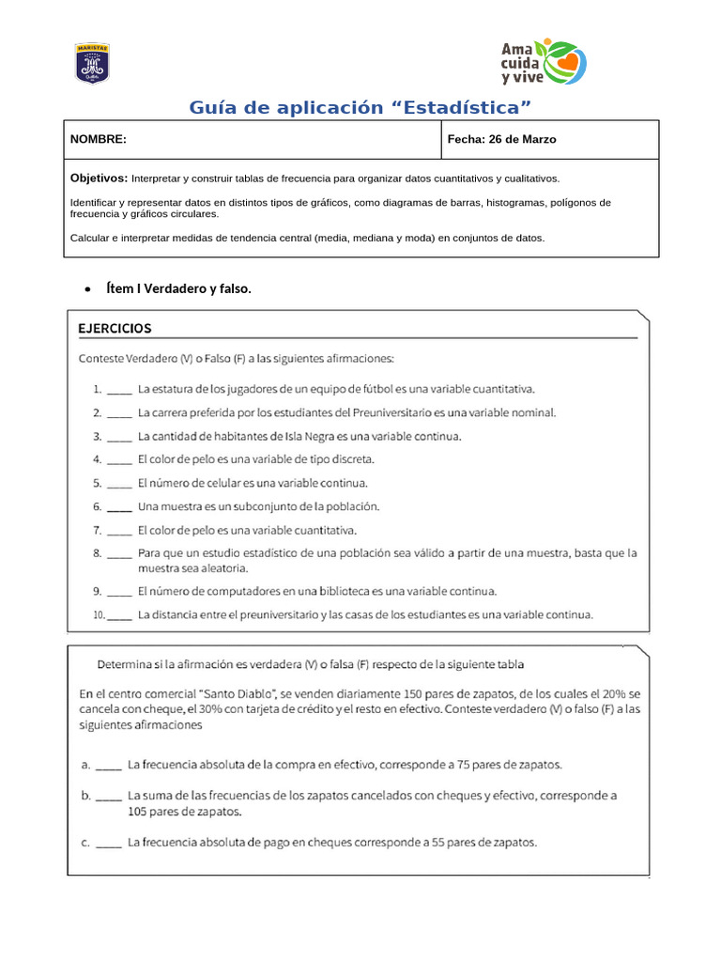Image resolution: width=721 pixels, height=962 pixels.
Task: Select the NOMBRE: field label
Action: click(99, 139)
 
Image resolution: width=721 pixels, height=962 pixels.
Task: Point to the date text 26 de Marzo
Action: click(522, 139)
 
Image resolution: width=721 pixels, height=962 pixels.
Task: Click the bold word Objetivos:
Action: click(99, 178)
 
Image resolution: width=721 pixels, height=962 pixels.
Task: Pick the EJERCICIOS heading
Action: click(115, 329)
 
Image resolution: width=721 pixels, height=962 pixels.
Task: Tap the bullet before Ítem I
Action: click(86, 289)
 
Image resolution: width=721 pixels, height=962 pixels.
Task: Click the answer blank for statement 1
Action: click(119, 389)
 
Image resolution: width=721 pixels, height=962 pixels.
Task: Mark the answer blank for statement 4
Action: click(119, 460)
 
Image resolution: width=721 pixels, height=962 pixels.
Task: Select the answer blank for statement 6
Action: click(119, 507)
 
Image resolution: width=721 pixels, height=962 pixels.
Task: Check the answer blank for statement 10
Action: click(119, 616)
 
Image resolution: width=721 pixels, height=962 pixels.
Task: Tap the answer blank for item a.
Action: click(109, 765)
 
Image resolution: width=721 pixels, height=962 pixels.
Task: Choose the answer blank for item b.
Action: click(109, 796)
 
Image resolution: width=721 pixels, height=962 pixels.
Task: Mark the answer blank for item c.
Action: click(109, 844)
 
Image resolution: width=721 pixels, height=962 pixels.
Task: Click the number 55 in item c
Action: click(438, 843)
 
